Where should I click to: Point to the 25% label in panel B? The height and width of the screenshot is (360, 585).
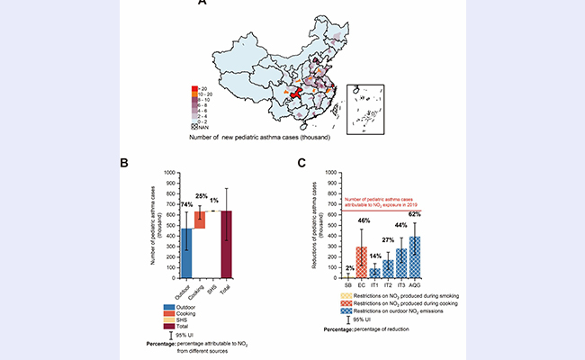[202, 195]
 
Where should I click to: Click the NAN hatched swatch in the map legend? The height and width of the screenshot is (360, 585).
[194, 129]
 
